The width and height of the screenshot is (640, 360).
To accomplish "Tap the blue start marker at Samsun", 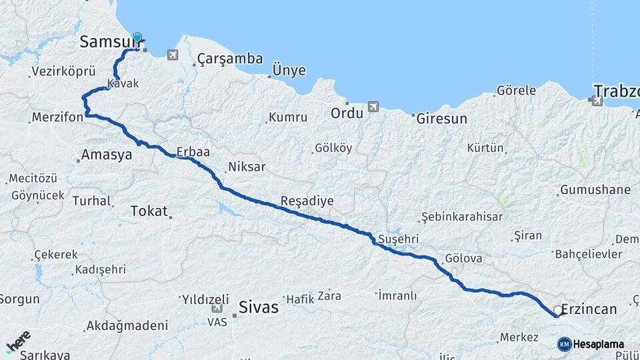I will coord(137,38).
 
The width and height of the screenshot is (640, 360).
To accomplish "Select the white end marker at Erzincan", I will coord(557,310).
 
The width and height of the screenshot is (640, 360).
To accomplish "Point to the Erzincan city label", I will coord(589,309).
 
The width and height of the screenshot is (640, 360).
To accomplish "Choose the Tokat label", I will coord(149,211).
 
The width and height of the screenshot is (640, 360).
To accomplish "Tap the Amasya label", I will coord(107,155).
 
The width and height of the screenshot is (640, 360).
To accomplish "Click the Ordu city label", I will coord(347,113).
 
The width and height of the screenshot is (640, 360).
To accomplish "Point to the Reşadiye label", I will coord(307,201).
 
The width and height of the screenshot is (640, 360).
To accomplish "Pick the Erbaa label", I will coord(193,152).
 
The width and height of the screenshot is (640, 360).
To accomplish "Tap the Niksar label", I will coord(247,167).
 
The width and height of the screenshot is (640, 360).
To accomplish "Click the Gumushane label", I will coord(595,190).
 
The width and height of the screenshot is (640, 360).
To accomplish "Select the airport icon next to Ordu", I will coord(372,107).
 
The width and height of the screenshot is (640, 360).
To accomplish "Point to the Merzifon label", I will coord(57,118).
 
